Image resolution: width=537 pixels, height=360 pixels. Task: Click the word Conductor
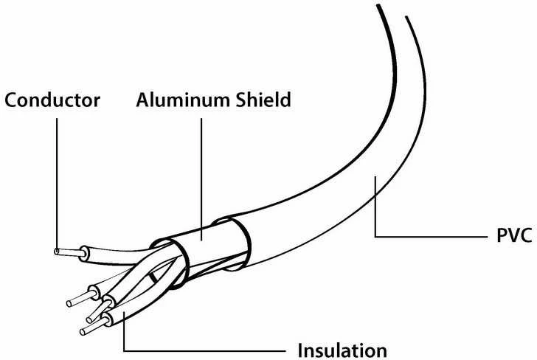52,100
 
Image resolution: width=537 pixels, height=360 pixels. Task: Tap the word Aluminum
183,100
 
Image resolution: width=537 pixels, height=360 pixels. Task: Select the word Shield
263,100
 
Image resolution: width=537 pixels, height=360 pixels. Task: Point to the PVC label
514,235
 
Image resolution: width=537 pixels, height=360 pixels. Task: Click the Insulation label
342,350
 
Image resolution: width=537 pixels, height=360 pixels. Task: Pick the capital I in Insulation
300,350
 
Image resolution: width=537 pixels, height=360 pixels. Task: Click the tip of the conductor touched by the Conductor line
57,252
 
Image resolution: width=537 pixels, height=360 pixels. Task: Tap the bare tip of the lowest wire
83,331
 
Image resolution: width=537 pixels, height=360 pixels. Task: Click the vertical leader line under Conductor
57,183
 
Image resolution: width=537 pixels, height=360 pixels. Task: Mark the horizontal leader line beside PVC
432,236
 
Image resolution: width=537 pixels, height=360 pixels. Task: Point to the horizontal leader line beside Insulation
204,350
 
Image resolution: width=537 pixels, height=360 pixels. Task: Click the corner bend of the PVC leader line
375,236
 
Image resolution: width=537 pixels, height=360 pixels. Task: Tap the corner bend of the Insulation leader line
124,350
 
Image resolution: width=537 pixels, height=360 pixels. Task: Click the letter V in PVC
513,235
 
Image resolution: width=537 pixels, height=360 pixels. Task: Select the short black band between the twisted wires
153,277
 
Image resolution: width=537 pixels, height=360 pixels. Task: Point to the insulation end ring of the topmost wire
84,254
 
